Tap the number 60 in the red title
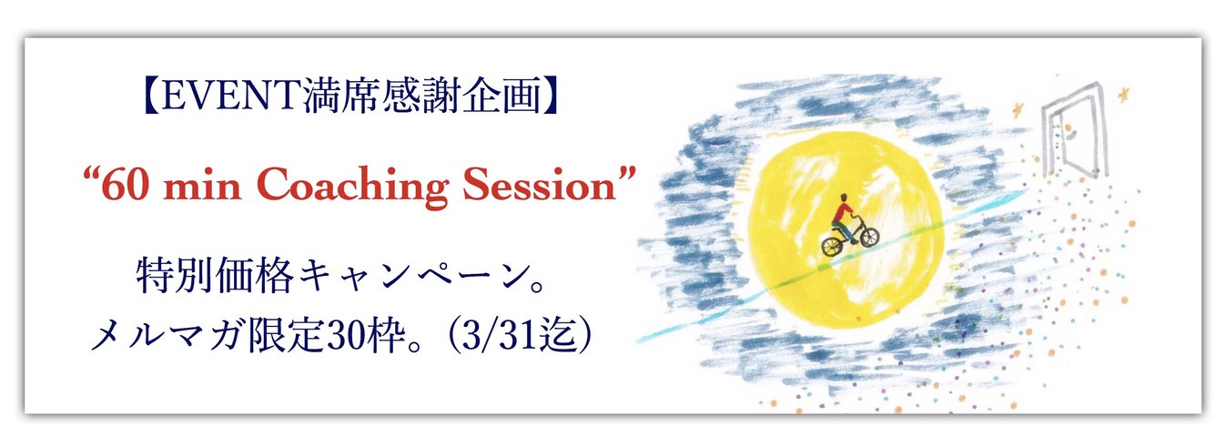pos(126,186)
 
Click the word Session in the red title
pos(540,186)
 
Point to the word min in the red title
pos(202,188)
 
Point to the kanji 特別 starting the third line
pos(175,276)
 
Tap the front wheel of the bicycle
pos(869,237)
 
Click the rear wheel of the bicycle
pos(833,247)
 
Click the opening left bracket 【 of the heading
pos(152,97)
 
